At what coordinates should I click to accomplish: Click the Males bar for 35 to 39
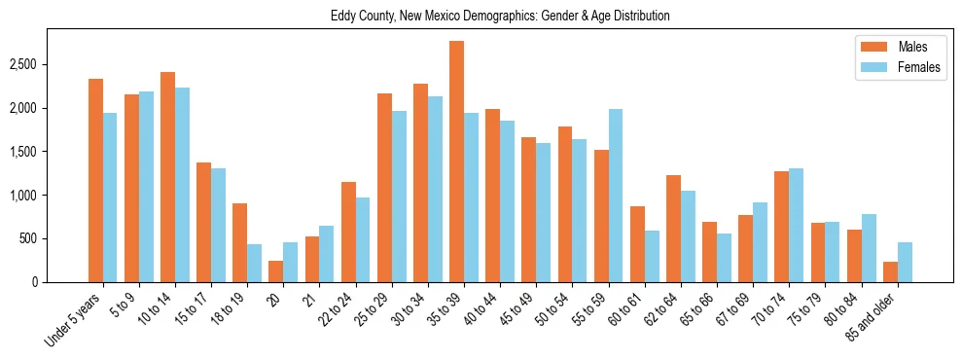click(456, 162)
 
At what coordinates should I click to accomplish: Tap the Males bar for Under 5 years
click(95, 180)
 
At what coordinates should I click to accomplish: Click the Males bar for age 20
click(276, 271)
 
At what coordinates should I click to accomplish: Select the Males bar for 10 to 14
click(167, 177)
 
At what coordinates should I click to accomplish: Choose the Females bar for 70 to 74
click(797, 226)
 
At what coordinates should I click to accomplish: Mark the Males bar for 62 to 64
click(673, 229)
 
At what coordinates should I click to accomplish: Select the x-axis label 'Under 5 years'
click(73, 321)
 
